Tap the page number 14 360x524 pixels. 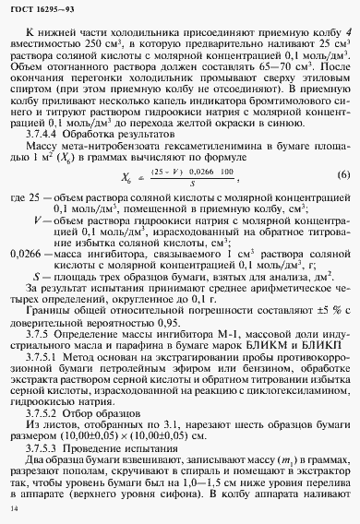point(12,509)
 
